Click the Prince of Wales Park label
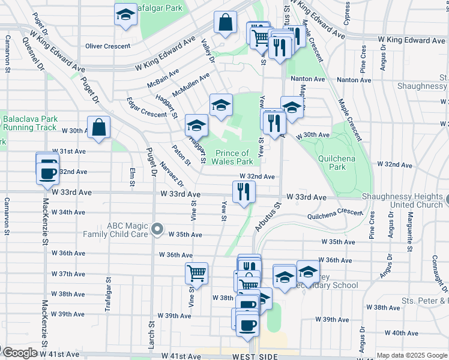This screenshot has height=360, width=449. coord(232,157)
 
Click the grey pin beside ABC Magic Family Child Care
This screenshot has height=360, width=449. coord(157,228)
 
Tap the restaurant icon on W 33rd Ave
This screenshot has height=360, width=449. coord(244,192)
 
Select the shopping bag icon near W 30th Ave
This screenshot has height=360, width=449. coord(98,127)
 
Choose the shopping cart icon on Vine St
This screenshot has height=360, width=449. coord(196,273)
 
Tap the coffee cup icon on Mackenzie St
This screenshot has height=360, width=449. coord(47,173)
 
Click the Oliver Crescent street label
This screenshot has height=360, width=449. coord(108,46)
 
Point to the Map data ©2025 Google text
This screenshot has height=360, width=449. coord(412,355)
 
